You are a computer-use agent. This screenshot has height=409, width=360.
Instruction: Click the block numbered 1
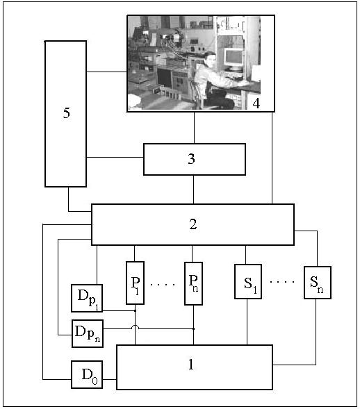(x=195, y=367)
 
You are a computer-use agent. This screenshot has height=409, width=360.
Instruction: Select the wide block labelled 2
(x=193, y=224)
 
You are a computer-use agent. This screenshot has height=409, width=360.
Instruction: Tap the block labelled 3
(x=195, y=159)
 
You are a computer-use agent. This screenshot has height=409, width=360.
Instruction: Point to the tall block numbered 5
(x=65, y=114)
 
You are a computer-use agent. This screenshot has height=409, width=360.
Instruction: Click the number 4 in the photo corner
(x=256, y=103)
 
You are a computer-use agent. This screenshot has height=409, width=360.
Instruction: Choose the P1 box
(x=135, y=283)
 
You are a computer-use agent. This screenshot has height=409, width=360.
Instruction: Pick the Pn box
(x=193, y=283)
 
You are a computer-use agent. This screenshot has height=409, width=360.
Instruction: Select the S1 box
(x=248, y=281)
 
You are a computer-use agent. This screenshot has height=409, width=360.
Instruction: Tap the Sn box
(x=318, y=283)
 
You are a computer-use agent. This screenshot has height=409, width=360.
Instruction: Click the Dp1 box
(x=87, y=298)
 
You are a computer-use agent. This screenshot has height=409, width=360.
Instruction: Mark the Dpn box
(x=88, y=333)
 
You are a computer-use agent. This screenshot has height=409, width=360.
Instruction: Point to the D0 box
(x=87, y=374)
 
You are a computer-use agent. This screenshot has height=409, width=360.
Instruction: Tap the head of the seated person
(x=210, y=59)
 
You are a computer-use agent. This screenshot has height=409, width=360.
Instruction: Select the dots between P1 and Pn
(x=163, y=284)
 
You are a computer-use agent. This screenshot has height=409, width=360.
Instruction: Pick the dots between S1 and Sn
(x=282, y=282)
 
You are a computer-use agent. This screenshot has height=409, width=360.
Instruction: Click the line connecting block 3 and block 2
(x=193, y=190)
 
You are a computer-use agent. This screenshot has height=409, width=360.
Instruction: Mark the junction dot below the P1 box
(x=135, y=310)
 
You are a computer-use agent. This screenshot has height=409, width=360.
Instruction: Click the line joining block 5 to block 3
(x=115, y=158)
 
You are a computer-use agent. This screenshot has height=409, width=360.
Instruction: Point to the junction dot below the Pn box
(x=193, y=328)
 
